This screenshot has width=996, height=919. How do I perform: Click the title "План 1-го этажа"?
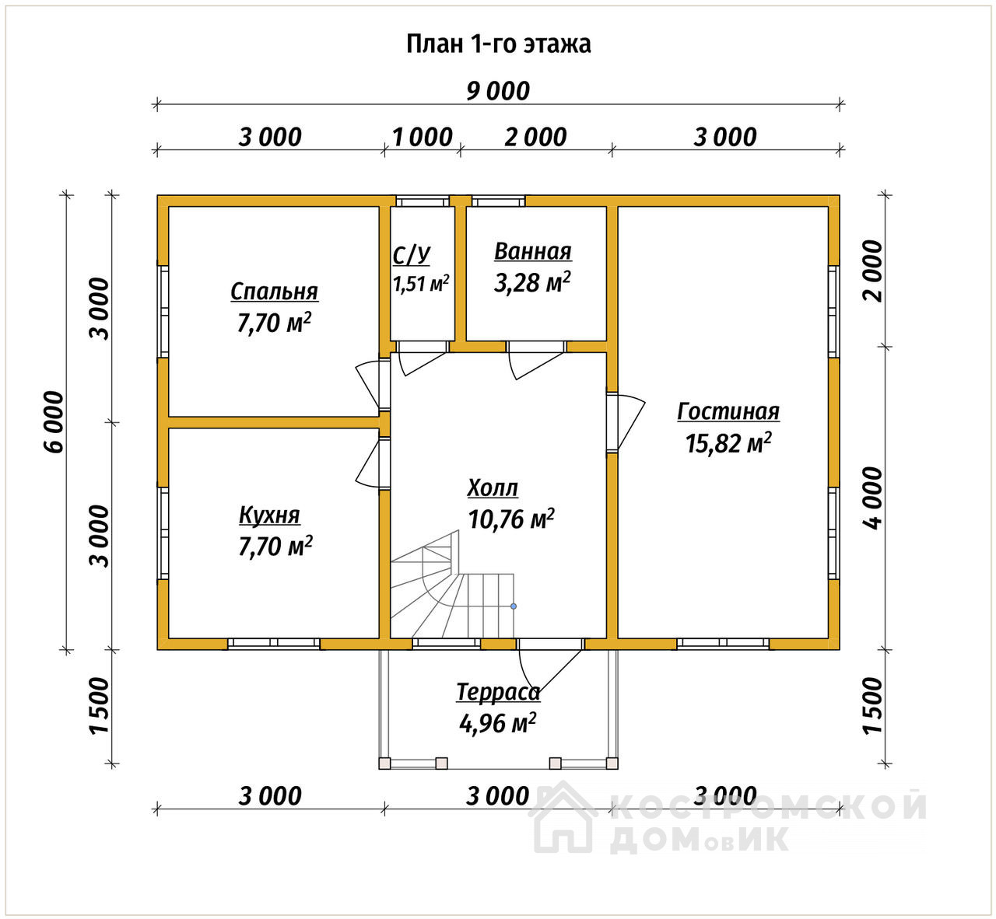point(498,44)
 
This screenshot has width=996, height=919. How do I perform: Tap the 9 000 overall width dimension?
point(498,91)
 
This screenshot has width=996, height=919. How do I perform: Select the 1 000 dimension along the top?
point(423,138)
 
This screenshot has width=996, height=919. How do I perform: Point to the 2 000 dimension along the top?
point(535,138)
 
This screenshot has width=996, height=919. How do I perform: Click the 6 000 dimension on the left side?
point(54,422)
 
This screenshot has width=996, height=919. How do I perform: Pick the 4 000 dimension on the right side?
point(872,498)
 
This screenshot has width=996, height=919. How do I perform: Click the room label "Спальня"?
point(275,292)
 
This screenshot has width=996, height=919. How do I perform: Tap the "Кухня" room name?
point(269,515)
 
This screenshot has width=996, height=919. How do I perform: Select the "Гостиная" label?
point(728,411)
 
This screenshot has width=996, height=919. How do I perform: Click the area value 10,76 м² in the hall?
point(511,519)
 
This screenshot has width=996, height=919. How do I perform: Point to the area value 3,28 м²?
point(532,283)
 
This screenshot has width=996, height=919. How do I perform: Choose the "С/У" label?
point(411,256)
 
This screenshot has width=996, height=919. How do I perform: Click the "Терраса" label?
point(498,693)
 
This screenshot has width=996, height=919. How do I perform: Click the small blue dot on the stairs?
point(514,606)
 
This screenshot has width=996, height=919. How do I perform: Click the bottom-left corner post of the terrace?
point(384,763)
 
